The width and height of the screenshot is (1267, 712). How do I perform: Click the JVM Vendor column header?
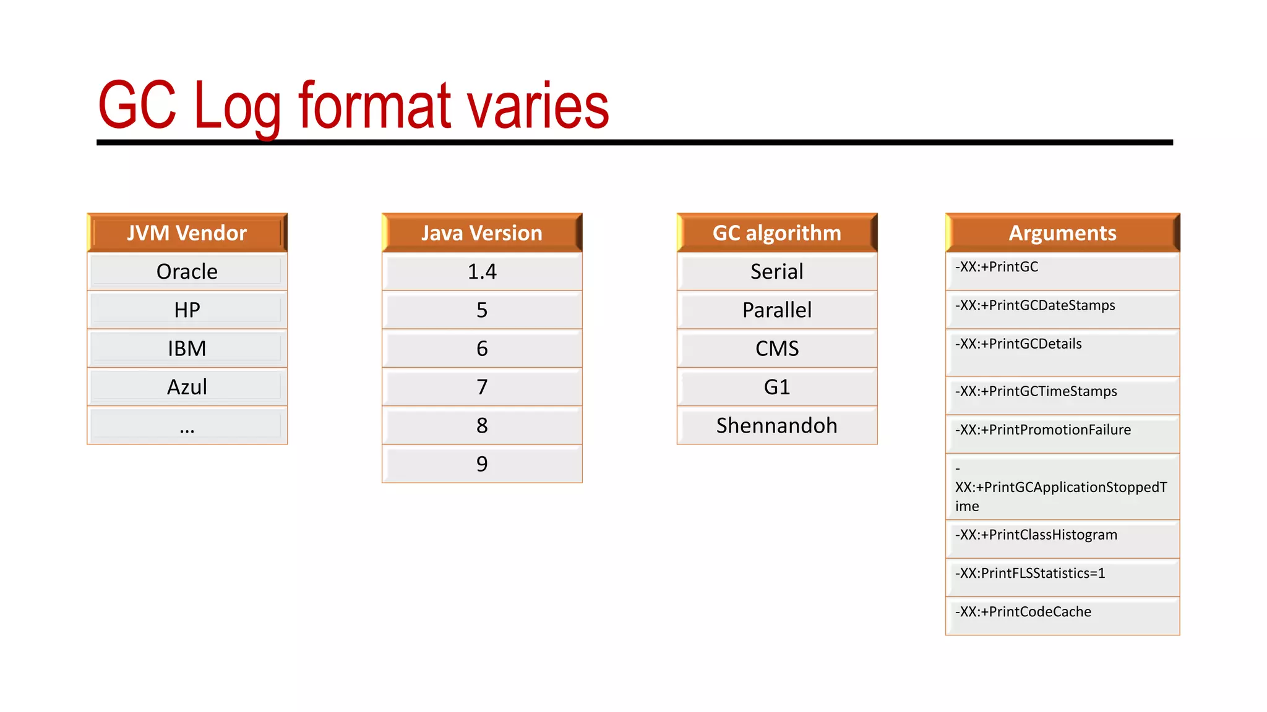coord(187,233)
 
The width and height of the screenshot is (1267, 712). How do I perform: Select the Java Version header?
coord(482,233)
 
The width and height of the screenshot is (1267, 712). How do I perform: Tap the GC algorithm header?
coord(777,233)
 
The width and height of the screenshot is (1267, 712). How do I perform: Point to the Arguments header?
coord(1062,233)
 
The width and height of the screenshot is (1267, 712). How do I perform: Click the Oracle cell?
coord(187,271)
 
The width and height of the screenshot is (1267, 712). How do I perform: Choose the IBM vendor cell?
coord(187,349)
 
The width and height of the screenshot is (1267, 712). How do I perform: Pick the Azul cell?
coord(187,387)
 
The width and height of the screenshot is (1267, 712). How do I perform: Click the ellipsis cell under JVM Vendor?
coord(187,426)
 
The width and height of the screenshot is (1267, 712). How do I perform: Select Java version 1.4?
coord(482,271)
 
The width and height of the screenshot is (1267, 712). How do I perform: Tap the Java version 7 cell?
coord(482,387)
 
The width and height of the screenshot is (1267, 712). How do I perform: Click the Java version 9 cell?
coord(482,464)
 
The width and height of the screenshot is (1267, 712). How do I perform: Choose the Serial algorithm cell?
coord(777,271)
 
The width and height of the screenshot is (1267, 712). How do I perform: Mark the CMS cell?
coord(777,349)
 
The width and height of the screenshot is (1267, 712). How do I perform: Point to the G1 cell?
coord(777,387)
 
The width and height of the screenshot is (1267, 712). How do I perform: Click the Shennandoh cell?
coord(777,426)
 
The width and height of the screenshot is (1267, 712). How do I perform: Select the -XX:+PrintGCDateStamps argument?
coord(1035,305)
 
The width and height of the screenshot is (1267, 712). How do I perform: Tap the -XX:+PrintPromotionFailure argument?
coord(1043,430)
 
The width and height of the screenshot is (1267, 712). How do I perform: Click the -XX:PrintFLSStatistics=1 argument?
coord(1030,574)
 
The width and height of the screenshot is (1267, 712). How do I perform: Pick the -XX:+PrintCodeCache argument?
coord(1023,612)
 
